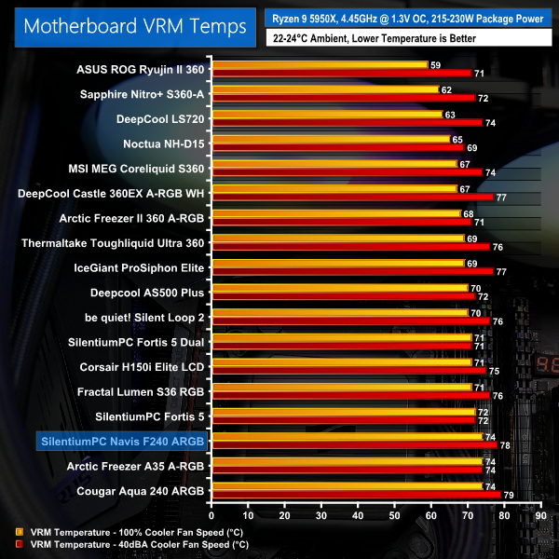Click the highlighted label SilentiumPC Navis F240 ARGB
[120, 438]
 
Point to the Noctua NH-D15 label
[163, 144]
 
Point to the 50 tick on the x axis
[394, 515]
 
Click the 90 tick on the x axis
[539, 515]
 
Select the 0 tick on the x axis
[212, 515]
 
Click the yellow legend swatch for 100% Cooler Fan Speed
[20, 532]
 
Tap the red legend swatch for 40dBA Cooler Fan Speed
[20, 543]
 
